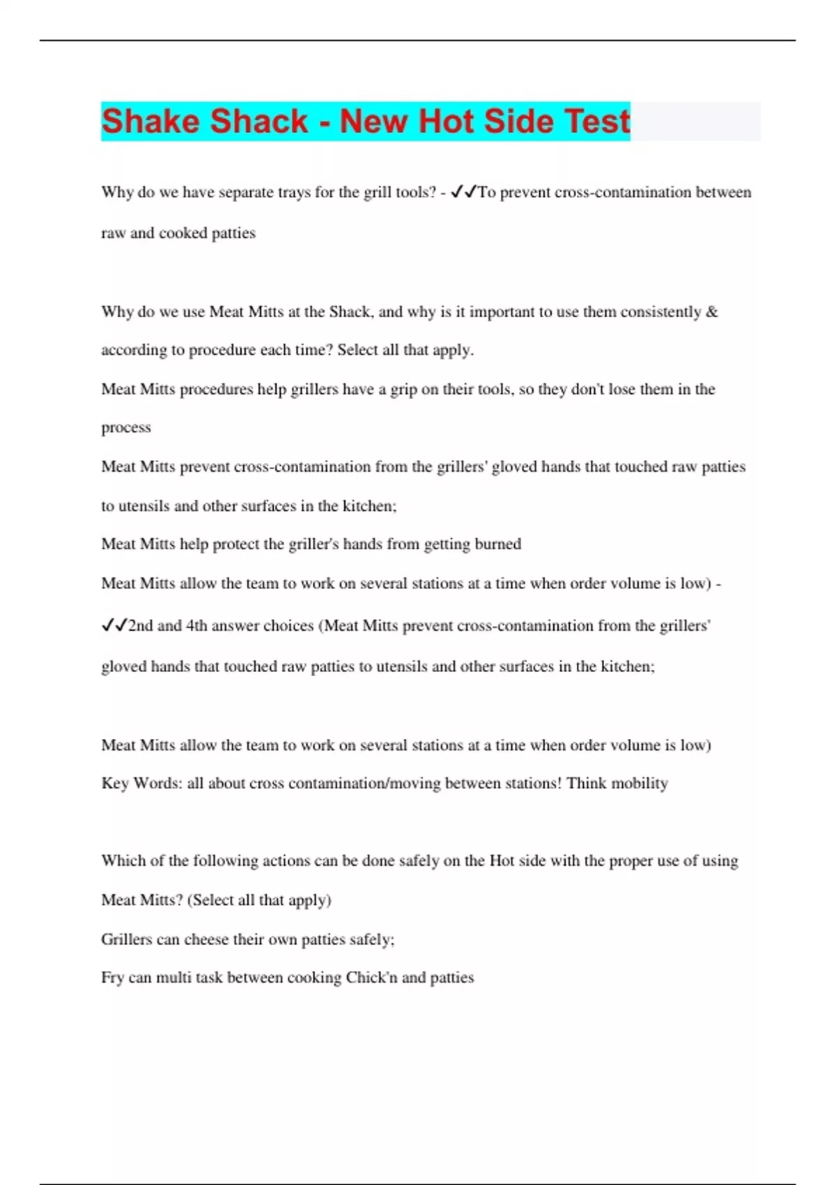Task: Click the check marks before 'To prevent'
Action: coord(463,192)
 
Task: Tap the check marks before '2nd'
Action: coord(114,625)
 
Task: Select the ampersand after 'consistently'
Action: coord(711,312)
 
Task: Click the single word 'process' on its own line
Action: coord(126,427)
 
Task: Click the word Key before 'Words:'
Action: coord(115,783)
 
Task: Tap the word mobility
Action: coord(639,783)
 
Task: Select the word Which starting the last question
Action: coord(123,860)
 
